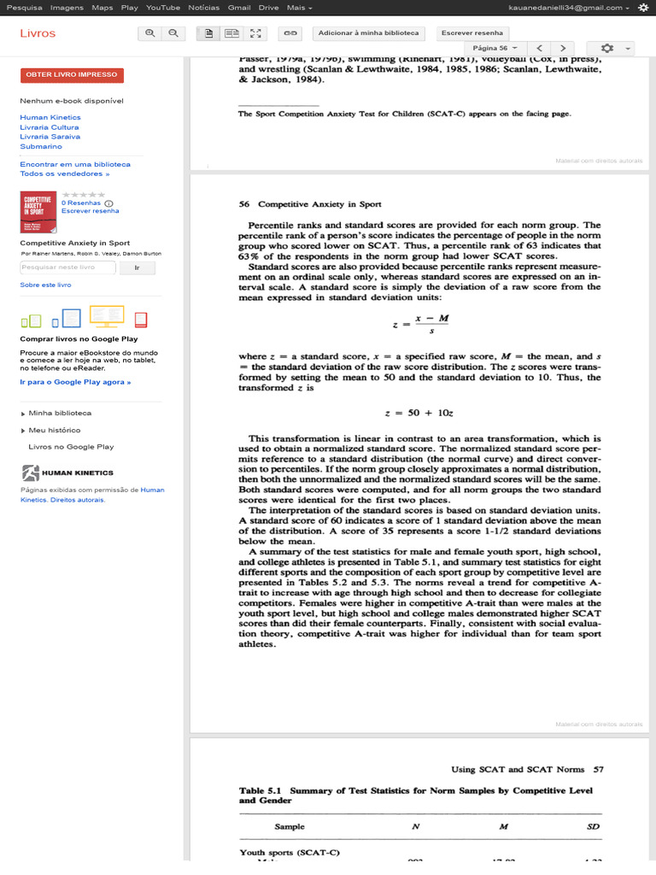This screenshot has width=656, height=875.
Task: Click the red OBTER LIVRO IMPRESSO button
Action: pyautogui.click(x=72, y=74)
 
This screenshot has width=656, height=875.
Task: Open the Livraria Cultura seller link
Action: pyautogui.click(x=50, y=127)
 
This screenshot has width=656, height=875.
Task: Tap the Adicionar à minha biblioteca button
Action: pyautogui.click(x=368, y=33)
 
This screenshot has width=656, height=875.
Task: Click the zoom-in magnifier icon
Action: pyautogui.click(x=150, y=33)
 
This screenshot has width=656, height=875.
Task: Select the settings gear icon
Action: pyautogui.click(x=607, y=48)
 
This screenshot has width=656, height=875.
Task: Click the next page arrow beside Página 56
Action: pyautogui.click(x=562, y=48)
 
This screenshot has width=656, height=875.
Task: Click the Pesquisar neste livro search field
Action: pyautogui.click(x=68, y=267)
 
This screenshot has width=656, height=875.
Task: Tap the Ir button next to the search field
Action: pyautogui.click(x=138, y=267)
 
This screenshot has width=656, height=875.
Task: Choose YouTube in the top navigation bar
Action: pyautogui.click(x=163, y=8)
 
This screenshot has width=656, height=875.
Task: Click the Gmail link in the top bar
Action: pyautogui.click(x=239, y=8)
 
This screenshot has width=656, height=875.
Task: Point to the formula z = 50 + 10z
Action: pyautogui.click(x=419, y=413)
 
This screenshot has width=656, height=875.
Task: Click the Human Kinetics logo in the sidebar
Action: pyautogui.click(x=67, y=473)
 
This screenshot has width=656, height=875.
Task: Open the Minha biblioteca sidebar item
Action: pyautogui.click(x=60, y=413)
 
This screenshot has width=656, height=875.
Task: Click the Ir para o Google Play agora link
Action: pyautogui.click(x=75, y=382)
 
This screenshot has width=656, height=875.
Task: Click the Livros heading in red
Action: pyautogui.click(x=38, y=33)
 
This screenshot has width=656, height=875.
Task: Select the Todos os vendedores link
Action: pyautogui.click(x=64, y=173)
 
